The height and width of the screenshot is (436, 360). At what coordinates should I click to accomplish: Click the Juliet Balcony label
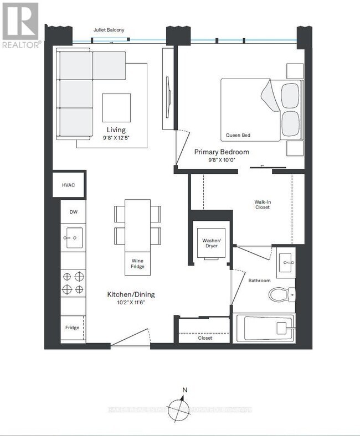(108, 31)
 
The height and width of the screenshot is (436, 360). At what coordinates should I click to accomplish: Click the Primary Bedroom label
(221, 152)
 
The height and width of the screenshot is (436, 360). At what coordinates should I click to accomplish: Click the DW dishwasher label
(73, 212)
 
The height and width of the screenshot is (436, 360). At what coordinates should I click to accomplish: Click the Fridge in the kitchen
(73, 328)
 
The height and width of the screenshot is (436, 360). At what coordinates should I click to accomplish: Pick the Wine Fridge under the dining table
(137, 263)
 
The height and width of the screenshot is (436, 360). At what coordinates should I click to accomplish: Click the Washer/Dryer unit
(211, 242)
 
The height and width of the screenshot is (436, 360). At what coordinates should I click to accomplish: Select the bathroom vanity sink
(286, 258)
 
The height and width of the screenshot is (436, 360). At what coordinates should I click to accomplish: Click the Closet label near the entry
(205, 338)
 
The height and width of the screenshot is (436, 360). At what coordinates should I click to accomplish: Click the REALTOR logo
(20, 25)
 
